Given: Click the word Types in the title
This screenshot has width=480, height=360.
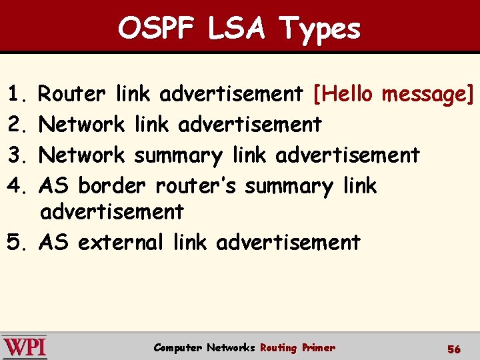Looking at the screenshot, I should click(321, 29).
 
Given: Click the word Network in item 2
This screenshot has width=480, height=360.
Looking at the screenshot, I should click(82, 125).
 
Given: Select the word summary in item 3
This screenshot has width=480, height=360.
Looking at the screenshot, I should click(178, 156).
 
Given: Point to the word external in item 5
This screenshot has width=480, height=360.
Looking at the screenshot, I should click(120, 242).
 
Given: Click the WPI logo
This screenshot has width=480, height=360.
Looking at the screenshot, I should click(25, 347).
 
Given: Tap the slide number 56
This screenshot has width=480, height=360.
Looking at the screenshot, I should click(454, 349).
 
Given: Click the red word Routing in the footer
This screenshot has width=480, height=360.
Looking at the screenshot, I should click(278, 347).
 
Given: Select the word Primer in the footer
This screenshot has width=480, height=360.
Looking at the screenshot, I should click(318, 347).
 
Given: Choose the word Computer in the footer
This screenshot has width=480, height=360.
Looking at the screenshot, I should click(177, 347).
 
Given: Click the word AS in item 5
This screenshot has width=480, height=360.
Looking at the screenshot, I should click(53, 242).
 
